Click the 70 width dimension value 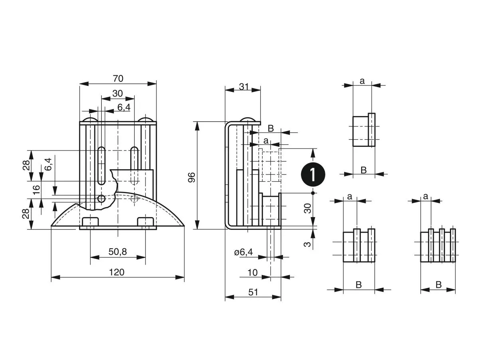coord(118,79)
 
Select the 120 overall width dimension coord(117,272)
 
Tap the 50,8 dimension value coord(118,251)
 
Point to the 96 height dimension coord(191,177)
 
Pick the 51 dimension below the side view coord(253,292)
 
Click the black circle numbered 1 coord(313,174)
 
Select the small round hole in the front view coord(102,198)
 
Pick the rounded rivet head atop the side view coord(248,121)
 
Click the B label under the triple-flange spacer coord(438,285)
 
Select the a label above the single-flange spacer coord(362,81)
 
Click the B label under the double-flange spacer coord(358,285)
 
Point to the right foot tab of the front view coord(146,222)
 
